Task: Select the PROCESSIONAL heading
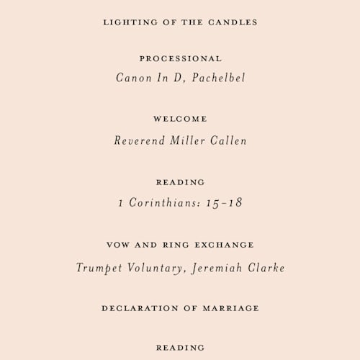180,58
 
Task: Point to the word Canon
132,78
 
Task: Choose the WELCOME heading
180,119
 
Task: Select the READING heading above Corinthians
180,182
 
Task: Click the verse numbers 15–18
224,203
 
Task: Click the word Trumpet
99,268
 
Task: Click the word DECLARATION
138,308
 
